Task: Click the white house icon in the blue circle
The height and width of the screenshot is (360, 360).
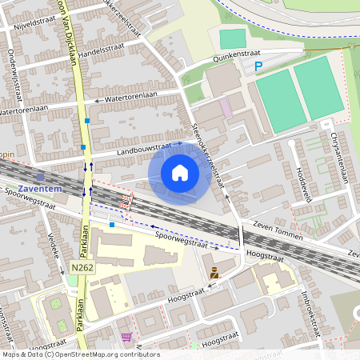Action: (x=180, y=172)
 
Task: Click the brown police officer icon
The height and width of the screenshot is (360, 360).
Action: (x=214, y=274)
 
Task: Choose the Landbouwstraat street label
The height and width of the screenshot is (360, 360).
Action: (x=144, y=148)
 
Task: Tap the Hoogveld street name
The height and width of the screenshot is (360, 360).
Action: (x=303, y=185)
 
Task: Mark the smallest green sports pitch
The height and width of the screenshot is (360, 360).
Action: (x=233, y=38)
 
